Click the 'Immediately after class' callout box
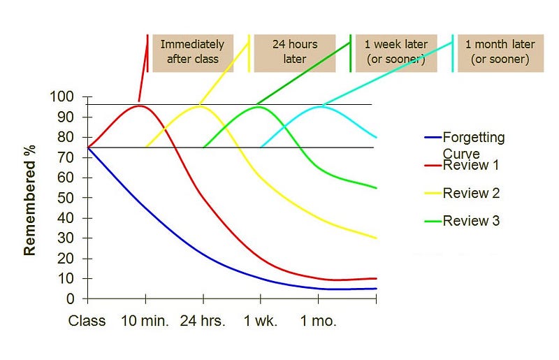coord(191,51)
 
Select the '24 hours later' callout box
coord(294,51)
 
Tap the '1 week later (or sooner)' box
coord(396,51)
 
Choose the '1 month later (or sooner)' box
coord(500,51)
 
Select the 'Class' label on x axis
coord(87,322)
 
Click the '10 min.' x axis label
coord(146,322)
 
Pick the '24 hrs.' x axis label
coord(203,322)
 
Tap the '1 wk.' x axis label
coord(261,322)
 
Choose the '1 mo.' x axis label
coord(319,322)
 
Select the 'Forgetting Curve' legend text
coord(473,145)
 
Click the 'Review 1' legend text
coord(471,166)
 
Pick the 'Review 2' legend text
coord(471,193)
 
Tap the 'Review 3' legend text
coord(471,221)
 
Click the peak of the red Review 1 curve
coord(140,106)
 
